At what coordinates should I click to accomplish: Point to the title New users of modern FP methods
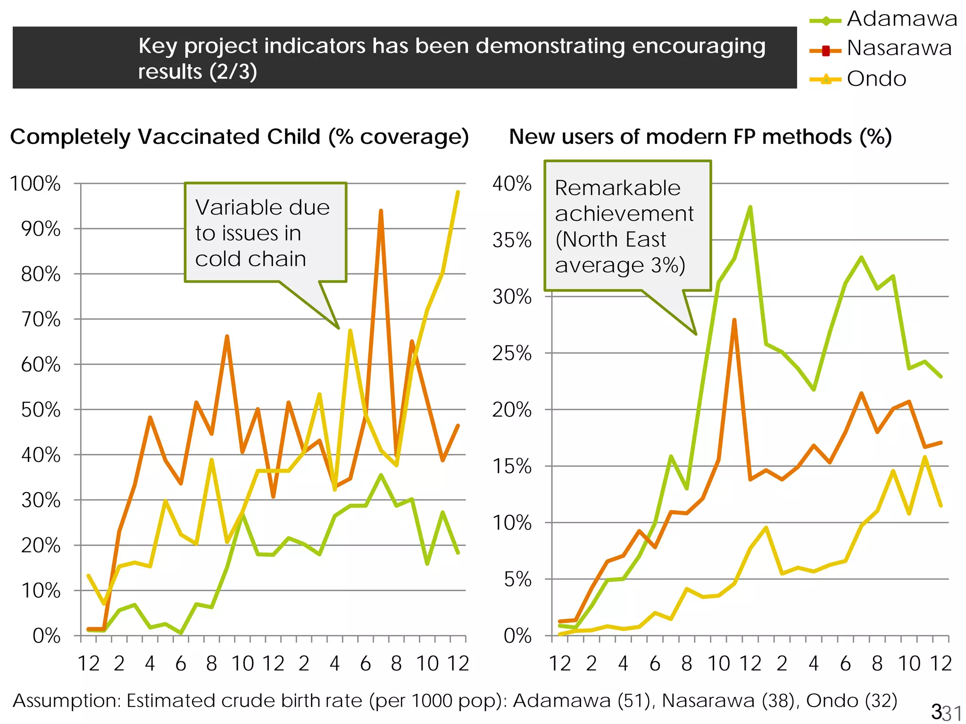click(x=700, y=137)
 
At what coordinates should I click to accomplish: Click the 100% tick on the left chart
click(x=36, y=183)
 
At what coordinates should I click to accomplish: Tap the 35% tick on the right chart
click(x=512, y=240)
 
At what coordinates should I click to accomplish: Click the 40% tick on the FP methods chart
click(x=512, y=183)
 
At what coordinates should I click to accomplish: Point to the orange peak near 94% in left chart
click(x=381, y=211)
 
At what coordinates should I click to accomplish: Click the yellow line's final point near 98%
click(x=458, y=192)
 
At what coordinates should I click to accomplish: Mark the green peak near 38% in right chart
click(x=750, y=207)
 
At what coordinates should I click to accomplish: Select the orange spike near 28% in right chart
click(x=734, y=320)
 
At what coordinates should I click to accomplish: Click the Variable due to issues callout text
click(x=262, y=233)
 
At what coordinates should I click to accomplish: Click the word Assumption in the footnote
click(x=67, y=701)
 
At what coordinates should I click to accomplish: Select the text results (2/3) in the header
click(x=197, y=72)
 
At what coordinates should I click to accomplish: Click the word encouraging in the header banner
click(x=698, y=46)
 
